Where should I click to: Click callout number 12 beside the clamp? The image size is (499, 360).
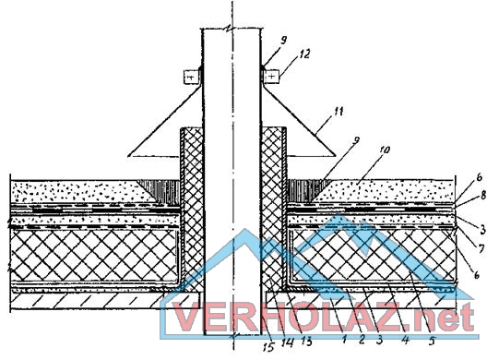303,54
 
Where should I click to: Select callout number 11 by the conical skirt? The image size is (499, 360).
338,112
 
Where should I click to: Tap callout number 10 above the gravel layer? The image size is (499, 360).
384,150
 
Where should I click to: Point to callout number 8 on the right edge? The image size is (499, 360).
482,195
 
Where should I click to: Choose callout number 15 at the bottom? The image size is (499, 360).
269,347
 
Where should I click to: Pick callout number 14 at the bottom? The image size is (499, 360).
288,342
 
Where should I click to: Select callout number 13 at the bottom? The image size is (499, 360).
306,342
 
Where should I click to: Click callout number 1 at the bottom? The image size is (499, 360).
344,339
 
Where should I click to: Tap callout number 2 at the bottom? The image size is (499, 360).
362,340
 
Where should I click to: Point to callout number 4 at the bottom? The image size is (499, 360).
405,340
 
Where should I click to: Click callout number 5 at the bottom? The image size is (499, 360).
432,342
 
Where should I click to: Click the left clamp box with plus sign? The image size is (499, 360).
192,77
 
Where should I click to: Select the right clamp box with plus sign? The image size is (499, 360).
271,77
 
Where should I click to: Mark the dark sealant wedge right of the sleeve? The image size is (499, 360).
305,190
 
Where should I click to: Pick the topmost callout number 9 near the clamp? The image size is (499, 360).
283,40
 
